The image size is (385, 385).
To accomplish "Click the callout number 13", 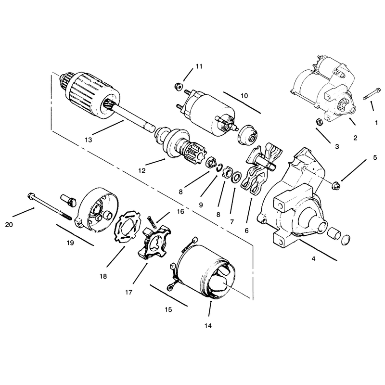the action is click(x=89, y=140).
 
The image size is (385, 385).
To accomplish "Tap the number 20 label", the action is click(x=9, y=225).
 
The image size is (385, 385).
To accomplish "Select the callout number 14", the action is click(x=208, y=326).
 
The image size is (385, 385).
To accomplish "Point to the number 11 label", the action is click(x=199, y=66).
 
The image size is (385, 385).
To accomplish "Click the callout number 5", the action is click(x=375, y=157).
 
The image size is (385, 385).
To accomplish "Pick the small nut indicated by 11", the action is click(x=178, y=87).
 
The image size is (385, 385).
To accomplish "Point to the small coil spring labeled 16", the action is click(x=152, y=222).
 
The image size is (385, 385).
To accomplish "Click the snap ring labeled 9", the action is click(x=219, y=168).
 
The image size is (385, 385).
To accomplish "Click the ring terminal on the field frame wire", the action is click(x=169, y=288).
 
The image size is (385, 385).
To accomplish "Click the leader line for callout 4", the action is click(x=318, y=249).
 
